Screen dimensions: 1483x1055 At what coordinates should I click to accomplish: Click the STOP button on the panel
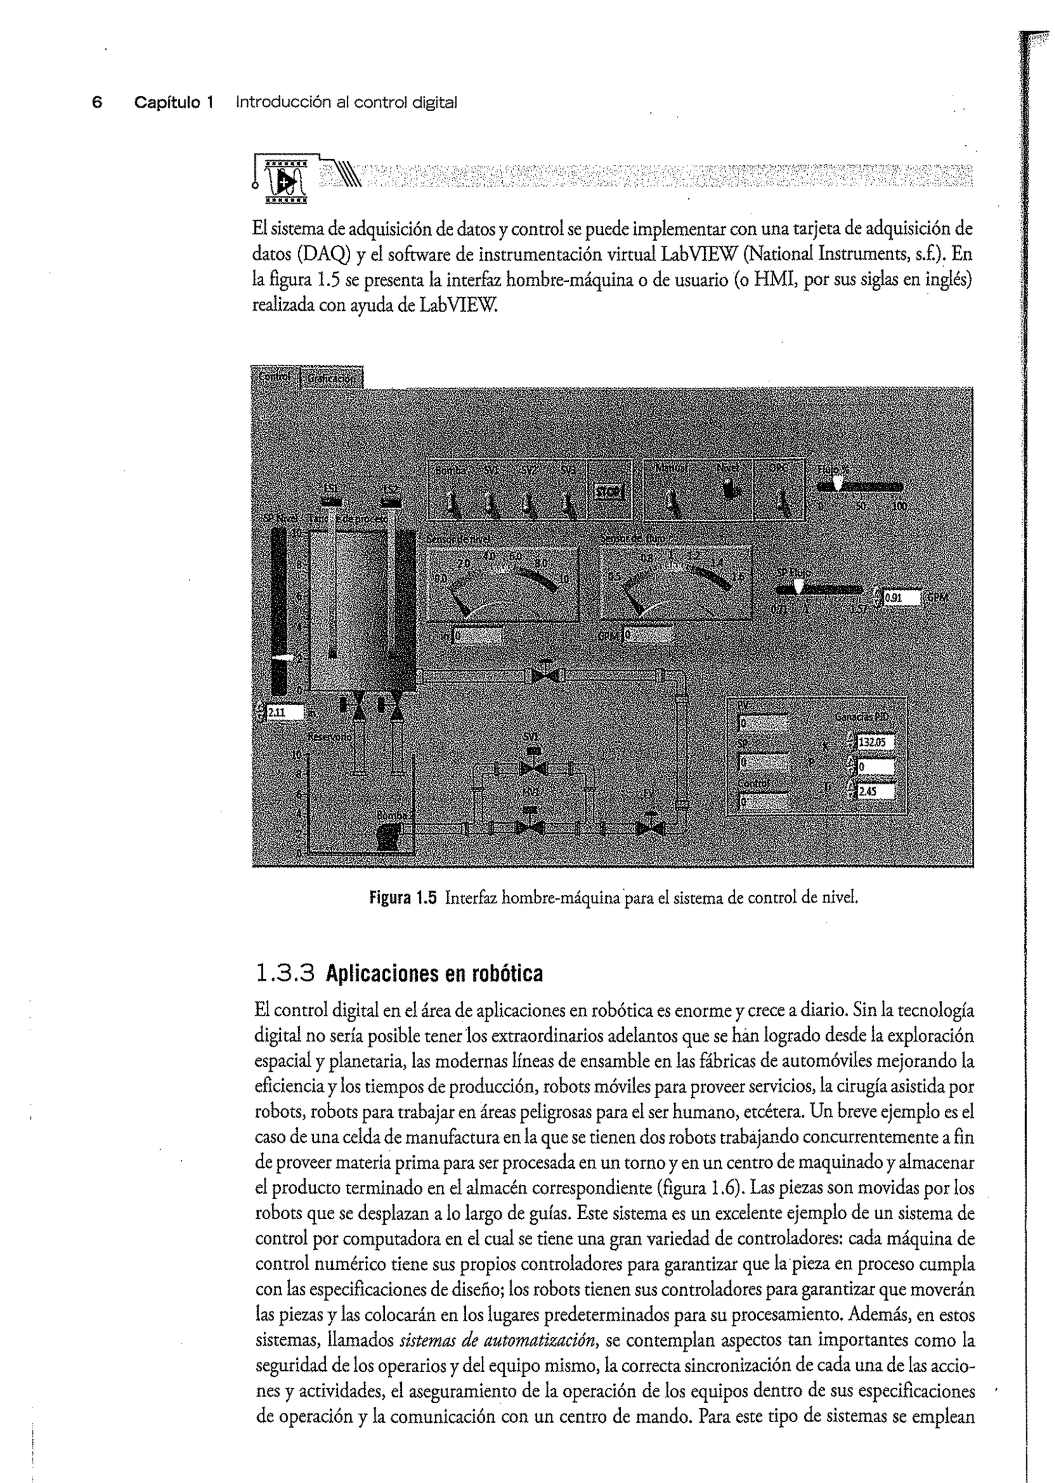click(609, 492)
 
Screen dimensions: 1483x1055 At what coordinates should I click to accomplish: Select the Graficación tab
click(331, 378)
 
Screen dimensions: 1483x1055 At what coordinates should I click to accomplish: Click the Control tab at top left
click(275, 377)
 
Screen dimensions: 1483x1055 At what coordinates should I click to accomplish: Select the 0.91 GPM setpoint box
click(901, 598)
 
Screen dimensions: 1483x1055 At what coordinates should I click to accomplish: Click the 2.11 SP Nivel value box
click(284, 712)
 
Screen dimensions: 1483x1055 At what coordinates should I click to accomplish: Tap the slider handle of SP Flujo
click(799, 587)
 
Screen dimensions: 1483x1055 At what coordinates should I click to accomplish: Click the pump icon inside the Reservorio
click(388, 837)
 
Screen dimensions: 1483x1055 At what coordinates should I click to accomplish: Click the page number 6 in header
click(97, 103)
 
